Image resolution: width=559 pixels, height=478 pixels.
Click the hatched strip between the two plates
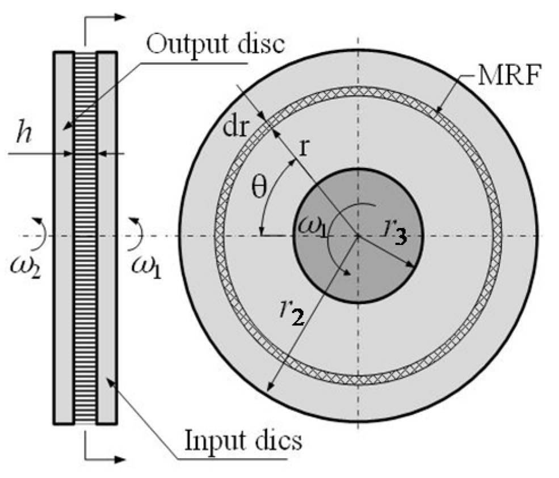(x=85, y=238)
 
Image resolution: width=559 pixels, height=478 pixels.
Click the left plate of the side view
(x=64, y=238)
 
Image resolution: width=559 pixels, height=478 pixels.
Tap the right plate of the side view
(x=107, y=238)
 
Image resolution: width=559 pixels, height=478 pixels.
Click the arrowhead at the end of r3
(x=415, y=263)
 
